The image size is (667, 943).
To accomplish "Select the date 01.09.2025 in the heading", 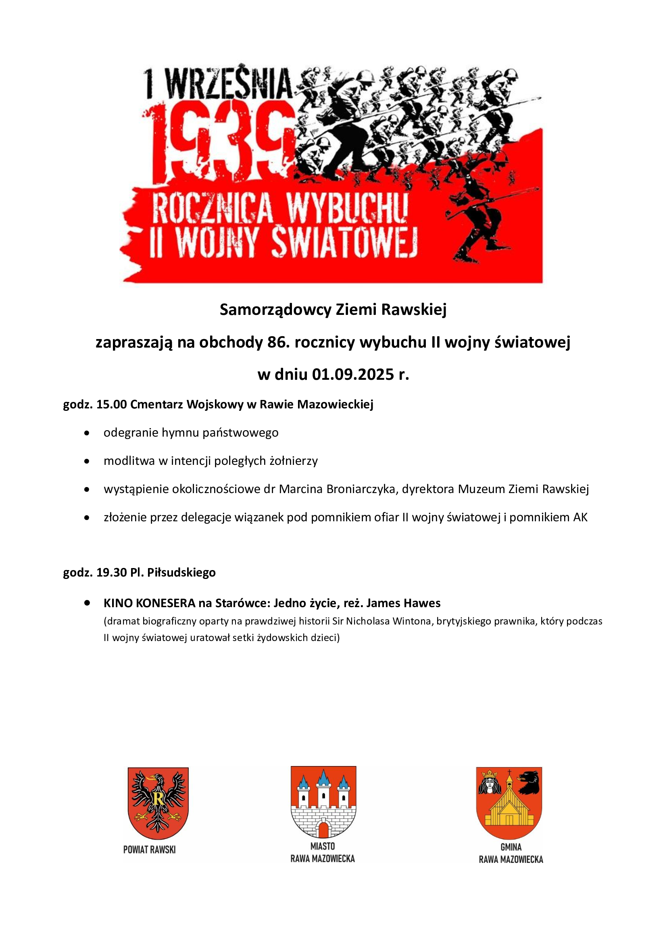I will pos(353,375).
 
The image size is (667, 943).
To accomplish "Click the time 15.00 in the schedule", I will pos(112,404).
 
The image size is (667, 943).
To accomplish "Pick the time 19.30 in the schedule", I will pos(112,572).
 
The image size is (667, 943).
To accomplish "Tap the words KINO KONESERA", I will pos(150,603).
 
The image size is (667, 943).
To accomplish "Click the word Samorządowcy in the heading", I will pos(275,310).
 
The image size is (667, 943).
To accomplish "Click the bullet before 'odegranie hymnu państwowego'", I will pos(87,433).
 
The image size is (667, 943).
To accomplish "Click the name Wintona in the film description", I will pos(412,621).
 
